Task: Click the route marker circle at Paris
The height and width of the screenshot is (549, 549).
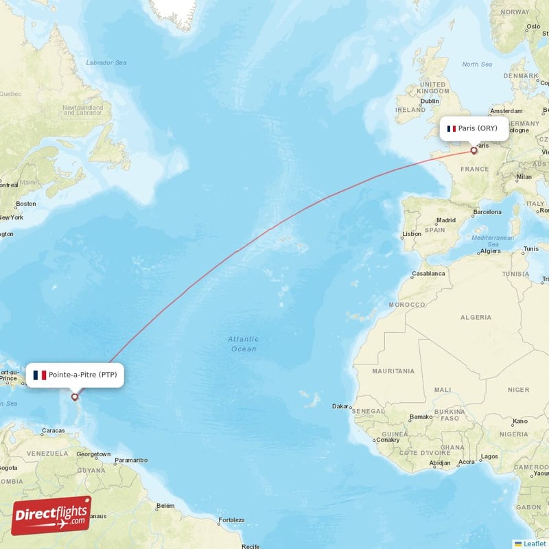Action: (x=474, y=150)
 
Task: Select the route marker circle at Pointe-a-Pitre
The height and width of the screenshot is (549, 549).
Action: (x=75, y=397)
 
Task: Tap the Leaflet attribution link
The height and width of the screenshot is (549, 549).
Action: (x=534, y=544)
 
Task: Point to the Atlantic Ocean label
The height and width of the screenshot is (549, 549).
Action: (x=243, y=344)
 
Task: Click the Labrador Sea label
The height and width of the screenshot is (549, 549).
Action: (x=106, y=63)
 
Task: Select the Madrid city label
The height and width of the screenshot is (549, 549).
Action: (x=446, y=220)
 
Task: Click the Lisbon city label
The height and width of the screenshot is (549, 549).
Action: (x=412, y=234)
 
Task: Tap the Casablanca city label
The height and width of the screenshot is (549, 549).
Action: (x=428, y=273)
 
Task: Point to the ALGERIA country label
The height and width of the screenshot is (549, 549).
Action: (x=476, y=318)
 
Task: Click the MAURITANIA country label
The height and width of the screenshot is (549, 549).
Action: (x=393, y=371)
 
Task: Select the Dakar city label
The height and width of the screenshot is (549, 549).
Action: (x=340, y=406)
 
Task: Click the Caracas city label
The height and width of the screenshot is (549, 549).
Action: (x=53, y=431)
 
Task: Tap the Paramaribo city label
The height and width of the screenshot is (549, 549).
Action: (x=130, y=460)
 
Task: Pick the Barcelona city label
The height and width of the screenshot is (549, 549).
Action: (x=487, y=212)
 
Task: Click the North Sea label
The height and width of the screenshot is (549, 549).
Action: (x=477, y=65)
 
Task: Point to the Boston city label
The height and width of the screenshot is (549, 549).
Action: (x=25, y=204)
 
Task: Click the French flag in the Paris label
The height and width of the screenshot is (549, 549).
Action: (x=452, y=128)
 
